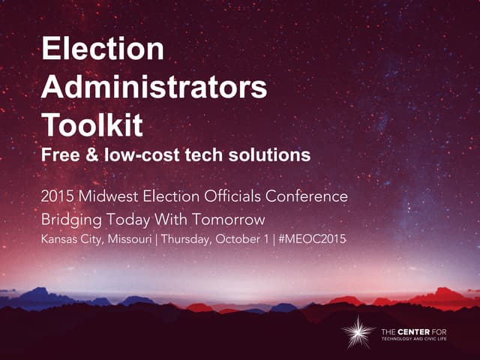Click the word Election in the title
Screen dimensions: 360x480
[x=103, y=49]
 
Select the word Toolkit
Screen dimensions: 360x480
[x=91, y=124]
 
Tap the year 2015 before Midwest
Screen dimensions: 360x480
[x=58, y=196]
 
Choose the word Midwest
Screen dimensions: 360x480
[x=108, y=196]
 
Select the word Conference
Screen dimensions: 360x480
[x=309, y=196]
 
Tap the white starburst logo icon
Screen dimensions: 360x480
[x=358, y=331]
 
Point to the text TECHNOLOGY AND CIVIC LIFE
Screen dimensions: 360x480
[x=424, y=339]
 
